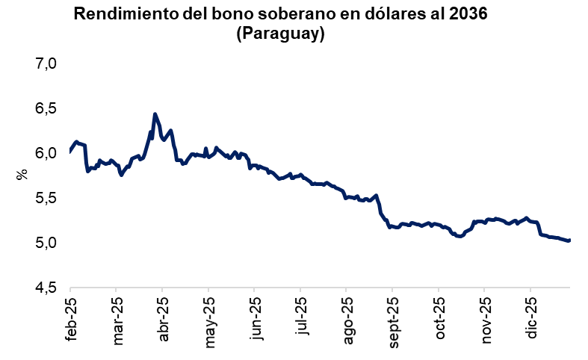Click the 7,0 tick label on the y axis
[x=46, y=64]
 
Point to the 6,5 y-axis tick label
[x=46, y=109]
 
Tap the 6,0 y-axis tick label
[x=46, y=154]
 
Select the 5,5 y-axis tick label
[x=46, y=199]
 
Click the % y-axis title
[x=22, y=175]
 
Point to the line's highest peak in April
[x=155, y=114]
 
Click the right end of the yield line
[x=569, y=240]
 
